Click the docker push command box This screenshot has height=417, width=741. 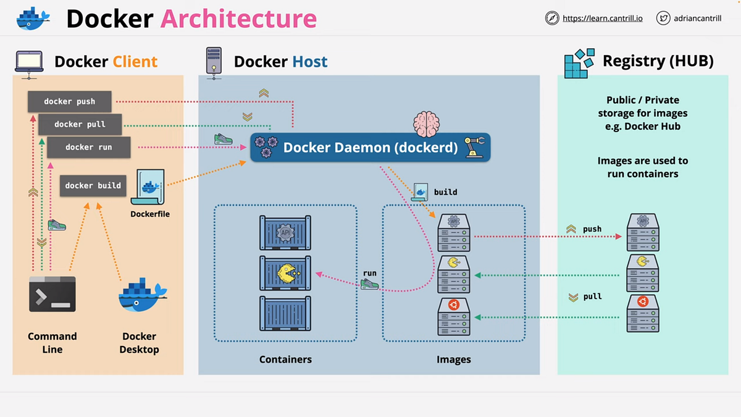point(70,101)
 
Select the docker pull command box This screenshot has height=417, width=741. point(80,124)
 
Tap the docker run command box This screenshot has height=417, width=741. point(89,147)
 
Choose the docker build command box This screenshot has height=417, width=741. point(93,185)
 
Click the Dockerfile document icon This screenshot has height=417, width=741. point(148,188)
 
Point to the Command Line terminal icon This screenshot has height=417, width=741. point(52,294)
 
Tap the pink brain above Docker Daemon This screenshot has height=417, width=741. point(427,124)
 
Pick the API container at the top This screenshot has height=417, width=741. point(285,232)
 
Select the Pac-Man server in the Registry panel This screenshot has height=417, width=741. point(643,272)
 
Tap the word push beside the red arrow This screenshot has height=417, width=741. point(592,229)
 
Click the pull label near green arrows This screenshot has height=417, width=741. point(592,297)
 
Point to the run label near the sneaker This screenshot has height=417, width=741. point(370,273)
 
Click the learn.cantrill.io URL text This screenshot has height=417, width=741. point(603,19)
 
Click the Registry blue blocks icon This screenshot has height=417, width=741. point(579,63)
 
